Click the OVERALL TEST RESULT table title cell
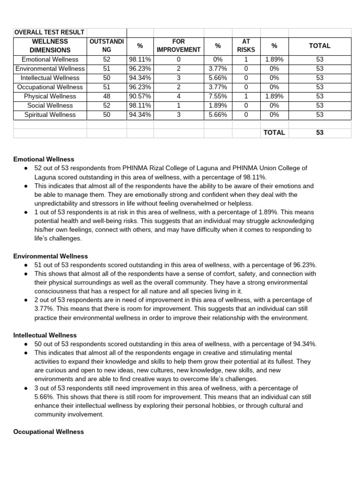coord(50,32)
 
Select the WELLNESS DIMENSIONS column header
coord(50,45)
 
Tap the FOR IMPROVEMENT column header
coord(179,45)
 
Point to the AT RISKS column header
coord(247,45)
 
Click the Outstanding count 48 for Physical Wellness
coord(106,96)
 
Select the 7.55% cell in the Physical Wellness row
coord(217,96)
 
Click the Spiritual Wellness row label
coord(50,114)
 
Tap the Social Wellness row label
coord(50,105)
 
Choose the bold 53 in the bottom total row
coord(320,133)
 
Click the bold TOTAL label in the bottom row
coord(274,133)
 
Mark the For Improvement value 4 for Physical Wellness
coord(179,96)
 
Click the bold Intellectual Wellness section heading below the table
coord(45,335)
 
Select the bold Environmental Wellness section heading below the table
coord(51,256)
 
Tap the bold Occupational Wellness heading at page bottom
coord(49,432)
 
